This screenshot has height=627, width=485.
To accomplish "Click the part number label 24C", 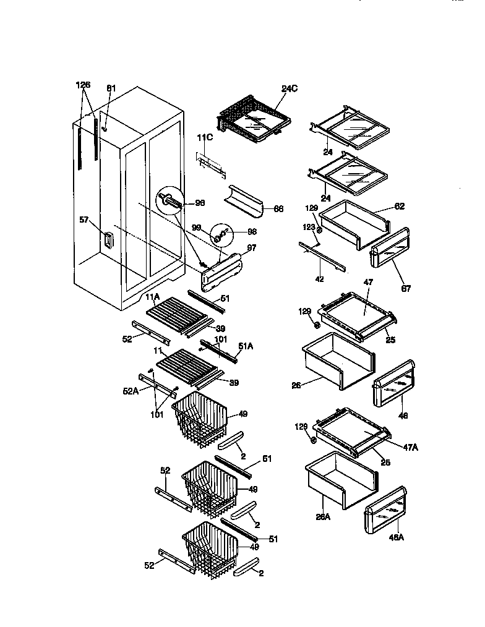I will pyautogui.click(x=290, y=88).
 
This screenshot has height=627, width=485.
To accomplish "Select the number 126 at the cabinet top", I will pyautogui.click(x=84, y=85).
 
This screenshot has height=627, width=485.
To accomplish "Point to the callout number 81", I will pyautogui.click(x=111, y=88).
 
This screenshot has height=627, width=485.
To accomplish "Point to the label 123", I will pyautogui.click(x=309, y=228).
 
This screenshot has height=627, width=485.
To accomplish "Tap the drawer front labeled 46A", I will pyautogui.click(x=387, y=510).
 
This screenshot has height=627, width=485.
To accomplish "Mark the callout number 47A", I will pyautogui.click(x=410, y=446).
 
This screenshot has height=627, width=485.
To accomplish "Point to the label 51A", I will pyautogui.click(x=246, y=347).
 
